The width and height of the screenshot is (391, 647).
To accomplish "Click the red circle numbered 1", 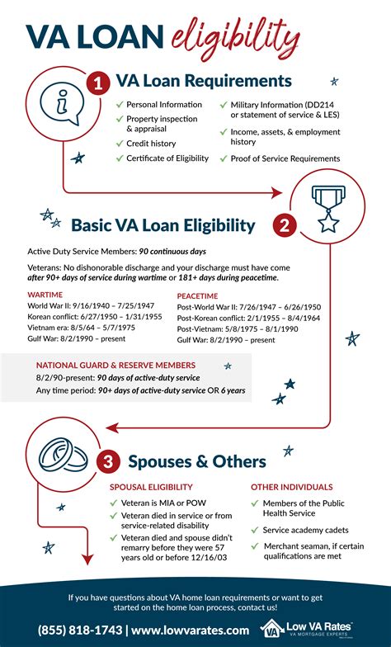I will tap(98, 83).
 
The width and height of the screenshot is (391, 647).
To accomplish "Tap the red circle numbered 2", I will tap(284, 224).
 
